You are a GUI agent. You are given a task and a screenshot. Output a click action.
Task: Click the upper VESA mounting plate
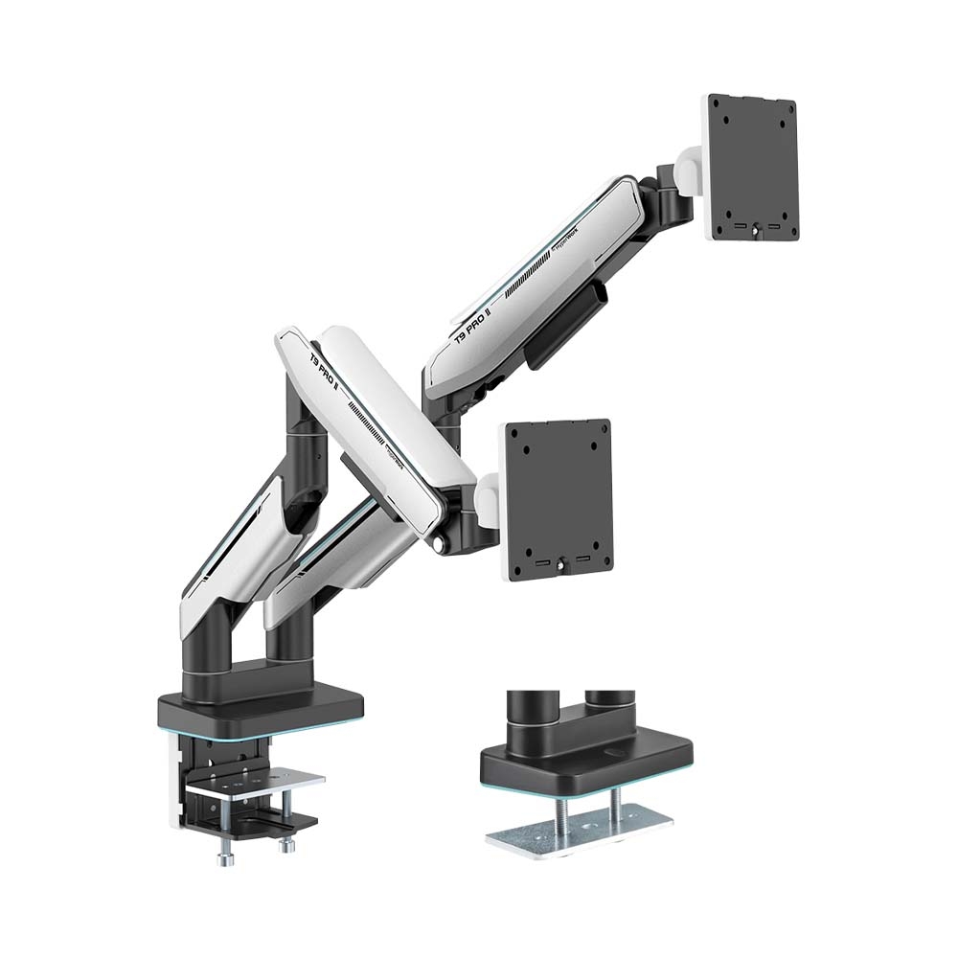click(x=754, y=168)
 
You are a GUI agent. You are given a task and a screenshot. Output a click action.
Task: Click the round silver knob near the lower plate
click(x=441, y=543)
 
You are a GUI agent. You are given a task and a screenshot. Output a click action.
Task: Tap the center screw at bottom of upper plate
click(x=756, y=229)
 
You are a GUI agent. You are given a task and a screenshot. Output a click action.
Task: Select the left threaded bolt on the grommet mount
click(x=559, y=810)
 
